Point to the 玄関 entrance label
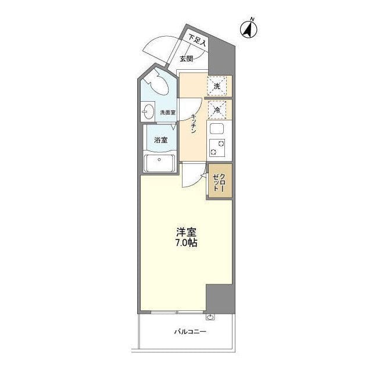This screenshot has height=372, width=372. click(186, 58)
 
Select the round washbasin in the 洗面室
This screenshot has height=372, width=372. click(148, 112)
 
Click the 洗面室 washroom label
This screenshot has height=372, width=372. click(167, 112)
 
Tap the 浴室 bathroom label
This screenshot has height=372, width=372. click(161, 140)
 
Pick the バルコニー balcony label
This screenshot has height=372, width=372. click(189, 332)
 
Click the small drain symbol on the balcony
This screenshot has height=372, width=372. click(210, 317)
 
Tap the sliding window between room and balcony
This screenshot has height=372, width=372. click(175, 313)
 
